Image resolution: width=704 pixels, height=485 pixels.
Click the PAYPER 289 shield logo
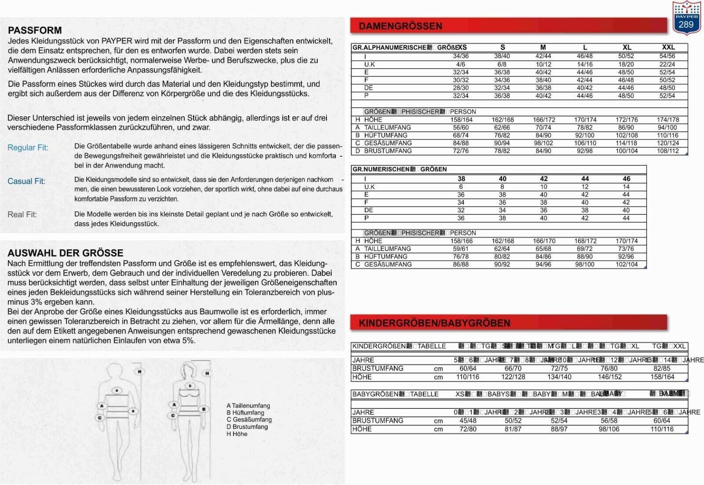click(x=686, y=18)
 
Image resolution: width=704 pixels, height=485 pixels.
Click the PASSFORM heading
click(x=35, y=30)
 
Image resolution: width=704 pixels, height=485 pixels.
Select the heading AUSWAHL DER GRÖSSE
click(x=65, y=253)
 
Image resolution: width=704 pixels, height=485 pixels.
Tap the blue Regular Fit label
click(x=28, y=147)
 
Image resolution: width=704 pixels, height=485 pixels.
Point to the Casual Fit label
click(x=26, y=181)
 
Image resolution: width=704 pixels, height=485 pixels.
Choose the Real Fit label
click(x=22, y=214)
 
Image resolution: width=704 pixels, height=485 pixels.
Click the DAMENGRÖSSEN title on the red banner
click(x=400, y=26)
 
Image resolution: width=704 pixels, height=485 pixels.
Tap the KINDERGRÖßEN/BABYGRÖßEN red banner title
click(x=434, y=323)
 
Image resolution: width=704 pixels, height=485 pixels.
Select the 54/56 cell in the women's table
click(x=667, y=56)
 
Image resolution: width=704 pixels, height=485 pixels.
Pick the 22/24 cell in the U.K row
click(x=667, y=64)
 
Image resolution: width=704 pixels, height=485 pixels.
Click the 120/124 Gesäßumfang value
click(x=667, y=143)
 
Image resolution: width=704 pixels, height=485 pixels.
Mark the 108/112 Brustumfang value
click(x=667, y=151)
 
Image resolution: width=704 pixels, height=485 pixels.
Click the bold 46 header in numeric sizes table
click(x=626, y=179)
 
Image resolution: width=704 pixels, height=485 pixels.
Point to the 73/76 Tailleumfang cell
click(x=626, y=249)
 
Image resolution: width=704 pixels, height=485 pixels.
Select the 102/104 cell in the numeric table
click(x=626, y=265)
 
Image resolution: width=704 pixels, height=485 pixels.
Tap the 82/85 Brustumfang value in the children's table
click(x=662, y=368)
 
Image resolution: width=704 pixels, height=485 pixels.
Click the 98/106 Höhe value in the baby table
click(x=609, y=429)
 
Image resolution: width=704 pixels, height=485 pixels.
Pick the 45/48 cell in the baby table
click(x=468, y=421)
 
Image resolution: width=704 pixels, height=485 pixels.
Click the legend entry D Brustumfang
click(x=247, y=426)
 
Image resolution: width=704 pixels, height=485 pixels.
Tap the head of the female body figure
click(x=190, y=369)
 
